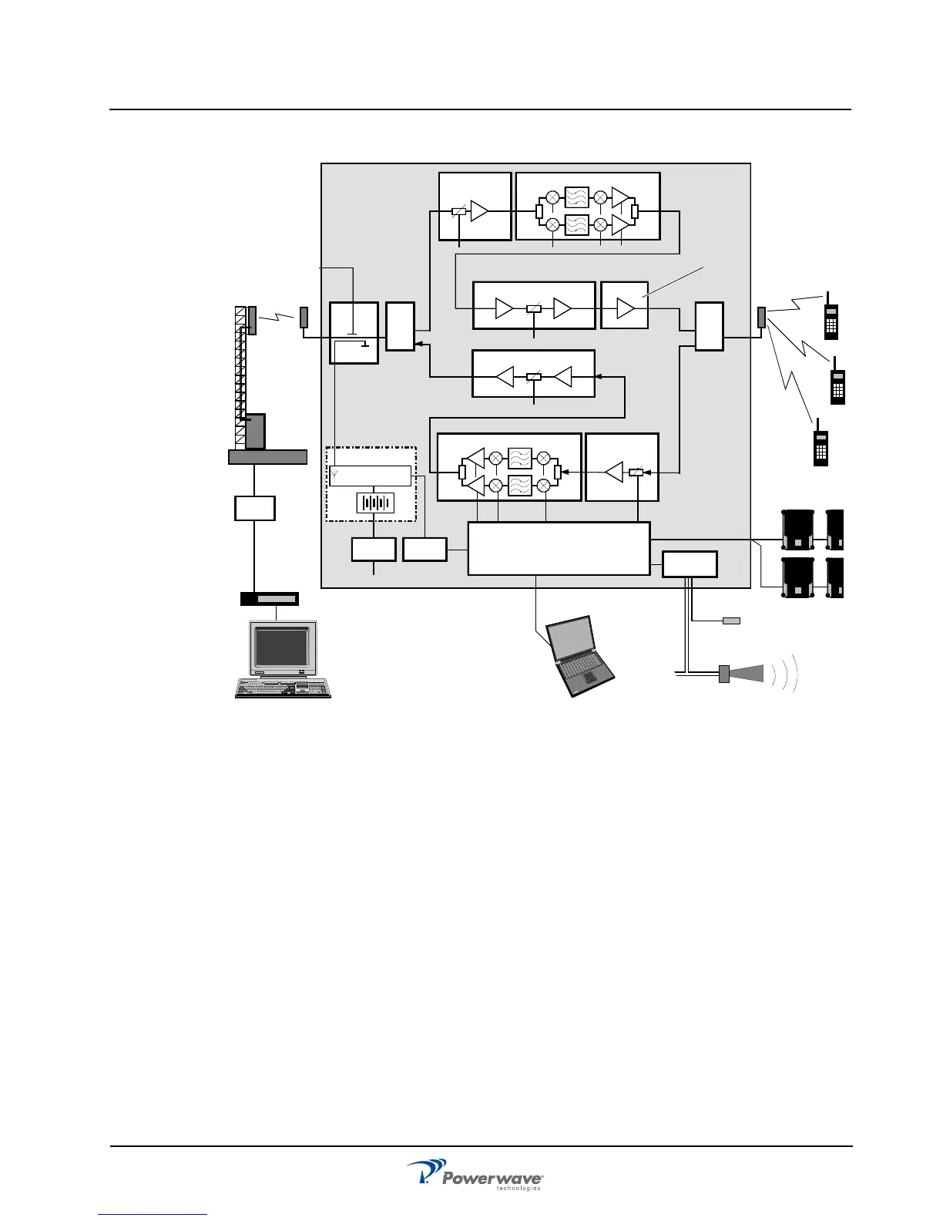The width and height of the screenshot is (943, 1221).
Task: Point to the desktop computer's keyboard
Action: coord(284,688)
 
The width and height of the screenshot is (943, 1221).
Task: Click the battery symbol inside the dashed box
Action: coord(375,503)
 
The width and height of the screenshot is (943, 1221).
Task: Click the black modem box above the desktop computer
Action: coord(269,599)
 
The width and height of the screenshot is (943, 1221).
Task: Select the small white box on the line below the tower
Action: coord(255,508)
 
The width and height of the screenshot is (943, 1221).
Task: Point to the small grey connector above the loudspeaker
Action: coord(731,621)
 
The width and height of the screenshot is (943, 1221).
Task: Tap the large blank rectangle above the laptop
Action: coord(559,548)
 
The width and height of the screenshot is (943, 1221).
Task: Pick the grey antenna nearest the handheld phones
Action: coord(761,317)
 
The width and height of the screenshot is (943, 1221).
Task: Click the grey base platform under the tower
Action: coord(267,457)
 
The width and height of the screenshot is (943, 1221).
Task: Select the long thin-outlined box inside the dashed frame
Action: coord(370,476)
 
